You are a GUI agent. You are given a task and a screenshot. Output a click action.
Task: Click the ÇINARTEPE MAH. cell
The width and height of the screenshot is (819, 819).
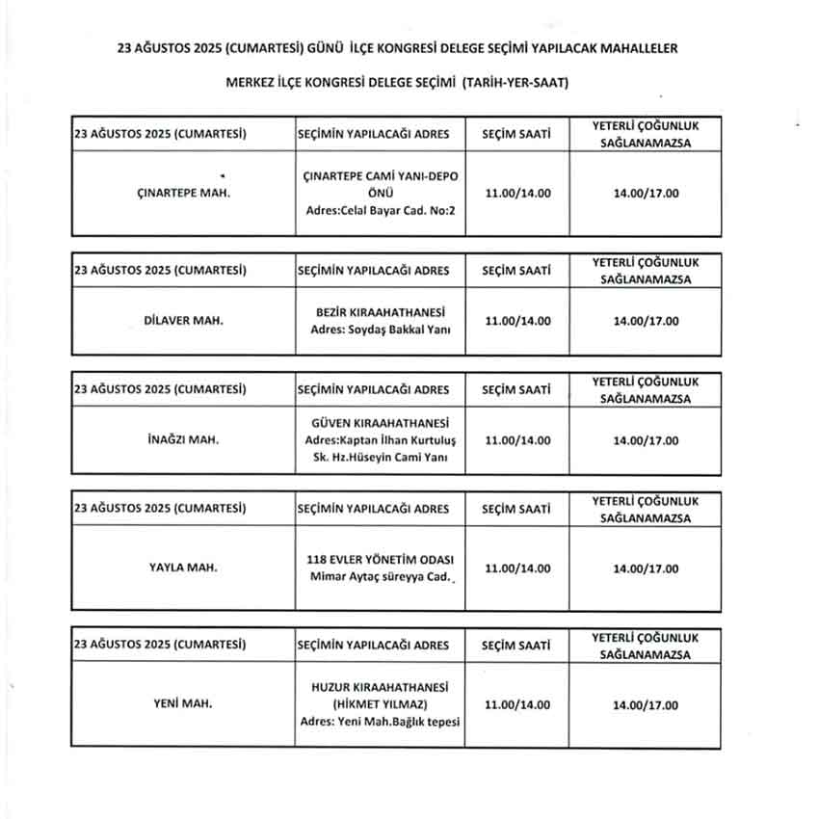183,193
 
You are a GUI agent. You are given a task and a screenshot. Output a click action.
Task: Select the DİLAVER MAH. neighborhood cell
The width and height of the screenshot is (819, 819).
183,320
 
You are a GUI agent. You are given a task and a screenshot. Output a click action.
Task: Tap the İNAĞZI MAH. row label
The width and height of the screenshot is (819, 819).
183,440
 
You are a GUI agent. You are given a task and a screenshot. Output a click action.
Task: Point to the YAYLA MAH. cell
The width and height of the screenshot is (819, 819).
183,568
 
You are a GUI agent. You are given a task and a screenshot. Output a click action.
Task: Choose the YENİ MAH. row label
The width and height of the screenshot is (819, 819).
183,703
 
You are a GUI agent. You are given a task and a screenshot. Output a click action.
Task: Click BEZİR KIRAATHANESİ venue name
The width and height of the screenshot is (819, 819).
381,311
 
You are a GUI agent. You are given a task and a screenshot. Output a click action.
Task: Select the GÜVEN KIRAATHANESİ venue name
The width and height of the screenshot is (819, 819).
381,422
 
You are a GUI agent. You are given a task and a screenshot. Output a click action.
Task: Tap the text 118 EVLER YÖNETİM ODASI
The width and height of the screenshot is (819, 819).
381,559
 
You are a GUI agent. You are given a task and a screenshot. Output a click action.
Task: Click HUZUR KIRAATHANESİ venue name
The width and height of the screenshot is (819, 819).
381,686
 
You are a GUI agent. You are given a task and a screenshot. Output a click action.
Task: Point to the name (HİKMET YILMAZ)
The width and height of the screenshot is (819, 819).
381,704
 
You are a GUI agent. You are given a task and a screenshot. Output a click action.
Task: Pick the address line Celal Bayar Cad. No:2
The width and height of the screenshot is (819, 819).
381,209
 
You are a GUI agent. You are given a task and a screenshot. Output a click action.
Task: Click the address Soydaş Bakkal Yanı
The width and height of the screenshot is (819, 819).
381,330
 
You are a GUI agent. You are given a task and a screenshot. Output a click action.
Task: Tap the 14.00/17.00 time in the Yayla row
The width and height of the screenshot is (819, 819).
646,568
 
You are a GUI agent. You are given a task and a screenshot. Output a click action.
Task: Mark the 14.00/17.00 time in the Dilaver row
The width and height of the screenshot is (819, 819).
646,320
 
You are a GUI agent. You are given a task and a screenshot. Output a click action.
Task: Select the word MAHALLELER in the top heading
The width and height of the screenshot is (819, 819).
647,46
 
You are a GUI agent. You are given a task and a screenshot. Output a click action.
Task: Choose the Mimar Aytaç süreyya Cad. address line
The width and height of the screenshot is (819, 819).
380,577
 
